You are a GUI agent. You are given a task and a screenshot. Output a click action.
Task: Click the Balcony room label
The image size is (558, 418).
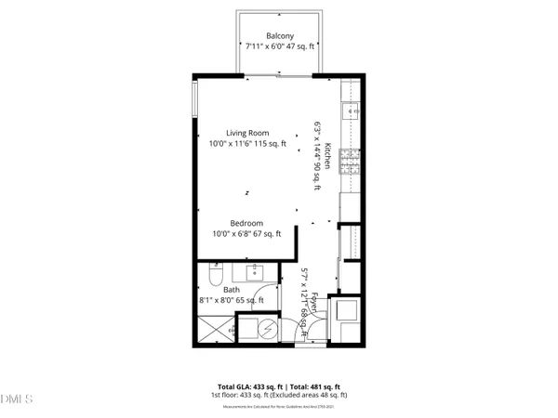click(280, 38)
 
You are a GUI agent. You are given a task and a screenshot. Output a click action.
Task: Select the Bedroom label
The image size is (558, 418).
click(246, 223)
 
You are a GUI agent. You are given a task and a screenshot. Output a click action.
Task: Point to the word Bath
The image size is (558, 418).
click(231, 290)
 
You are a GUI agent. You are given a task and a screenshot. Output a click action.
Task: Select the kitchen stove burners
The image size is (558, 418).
click(351, 163)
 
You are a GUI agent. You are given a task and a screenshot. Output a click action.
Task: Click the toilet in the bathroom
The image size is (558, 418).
click(212, 277)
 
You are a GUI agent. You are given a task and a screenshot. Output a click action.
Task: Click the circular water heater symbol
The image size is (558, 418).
click(268, 330)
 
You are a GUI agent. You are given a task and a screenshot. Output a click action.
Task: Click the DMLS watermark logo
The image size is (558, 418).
click(17, 400)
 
